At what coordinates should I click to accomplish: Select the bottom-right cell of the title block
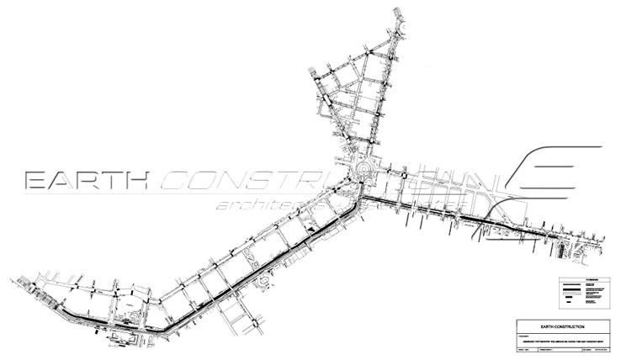coord(601,351)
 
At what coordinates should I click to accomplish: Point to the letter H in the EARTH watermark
coord(135,180)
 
